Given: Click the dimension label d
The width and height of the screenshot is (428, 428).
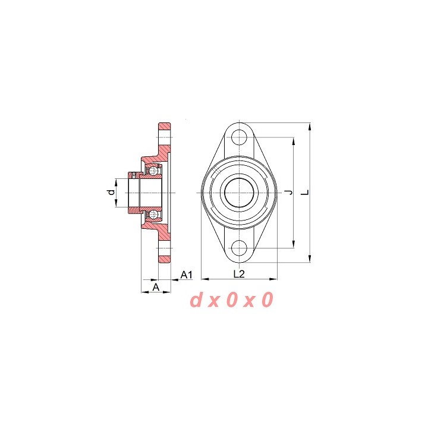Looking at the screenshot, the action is tap(111, 192).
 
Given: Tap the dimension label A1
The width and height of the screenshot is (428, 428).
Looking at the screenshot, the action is tap(187, 275).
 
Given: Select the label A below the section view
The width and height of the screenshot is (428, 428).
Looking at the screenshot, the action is tap(156, 287).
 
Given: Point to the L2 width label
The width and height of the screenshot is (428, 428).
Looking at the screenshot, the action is tap(239, 274).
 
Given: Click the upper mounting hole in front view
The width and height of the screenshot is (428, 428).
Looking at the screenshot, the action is tap(239, 137).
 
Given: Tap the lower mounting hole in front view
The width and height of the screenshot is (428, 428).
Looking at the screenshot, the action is tap(239, 248).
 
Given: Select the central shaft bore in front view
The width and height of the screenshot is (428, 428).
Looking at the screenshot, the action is tap(239, 193).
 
